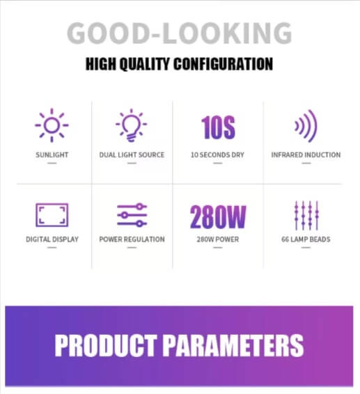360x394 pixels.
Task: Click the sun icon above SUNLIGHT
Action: (52, 125)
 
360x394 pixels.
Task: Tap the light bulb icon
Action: (131, 125)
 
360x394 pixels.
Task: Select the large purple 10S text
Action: (218, 127)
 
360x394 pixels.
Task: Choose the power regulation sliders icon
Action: (132, 215)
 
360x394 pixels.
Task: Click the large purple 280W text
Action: (218, 217)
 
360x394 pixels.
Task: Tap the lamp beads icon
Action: (306, 215)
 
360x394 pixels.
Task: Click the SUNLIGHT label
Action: (52, 155)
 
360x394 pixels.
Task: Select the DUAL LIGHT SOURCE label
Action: (132, 155)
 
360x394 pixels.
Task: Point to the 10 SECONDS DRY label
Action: (217, 155)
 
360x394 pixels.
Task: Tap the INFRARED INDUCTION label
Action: (306, 155)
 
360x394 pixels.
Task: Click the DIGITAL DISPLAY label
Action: (52, 239)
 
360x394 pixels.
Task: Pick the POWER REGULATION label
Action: (132, 239)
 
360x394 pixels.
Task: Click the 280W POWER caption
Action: (218, 239)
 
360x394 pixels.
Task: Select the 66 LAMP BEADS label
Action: (306, 239)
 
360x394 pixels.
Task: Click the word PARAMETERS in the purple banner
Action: (234, 345)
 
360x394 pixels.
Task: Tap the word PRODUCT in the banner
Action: (106, 345)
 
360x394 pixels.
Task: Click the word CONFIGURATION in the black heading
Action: (224, 64)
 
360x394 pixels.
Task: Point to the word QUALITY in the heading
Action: (144, 64)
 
